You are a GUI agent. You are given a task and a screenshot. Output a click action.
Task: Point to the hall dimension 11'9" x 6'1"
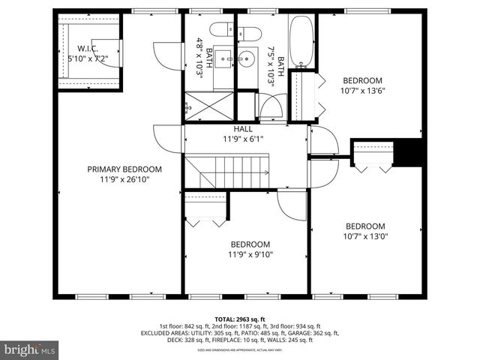tap(242, 139)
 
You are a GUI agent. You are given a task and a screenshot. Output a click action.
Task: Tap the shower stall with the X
tap(208, 106)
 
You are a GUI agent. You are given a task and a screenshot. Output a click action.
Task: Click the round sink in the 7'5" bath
tap(246, 57)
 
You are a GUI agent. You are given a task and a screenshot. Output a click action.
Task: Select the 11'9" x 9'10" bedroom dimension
tap(250, 254)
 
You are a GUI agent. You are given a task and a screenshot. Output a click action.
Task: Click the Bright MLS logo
tap(30, 349)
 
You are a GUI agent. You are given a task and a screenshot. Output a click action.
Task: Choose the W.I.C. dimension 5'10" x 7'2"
tap(88, 58)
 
